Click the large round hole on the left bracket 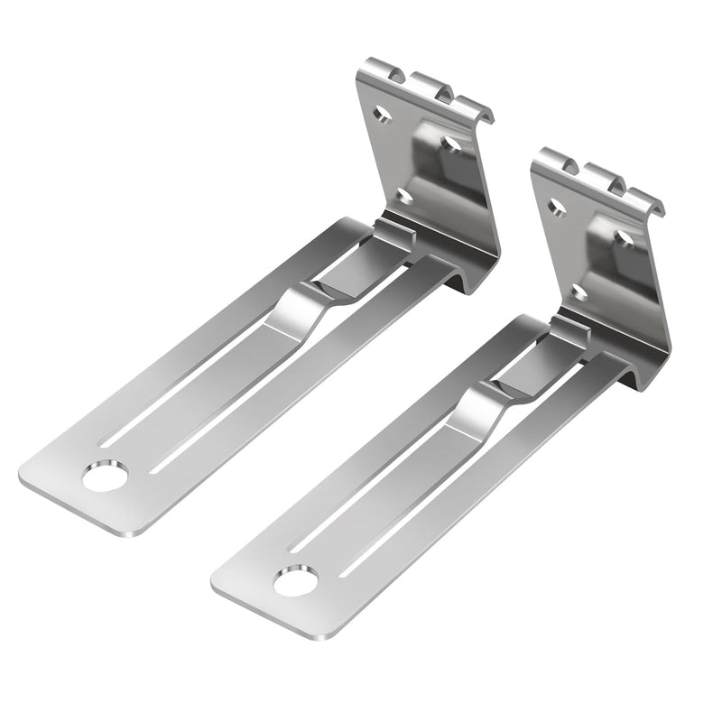click(106, 476)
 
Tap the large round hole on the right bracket click(296, 582)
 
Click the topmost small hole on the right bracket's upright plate click(557, 208)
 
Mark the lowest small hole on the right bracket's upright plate click(579, 291)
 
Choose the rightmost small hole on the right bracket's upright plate click(624, 236)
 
